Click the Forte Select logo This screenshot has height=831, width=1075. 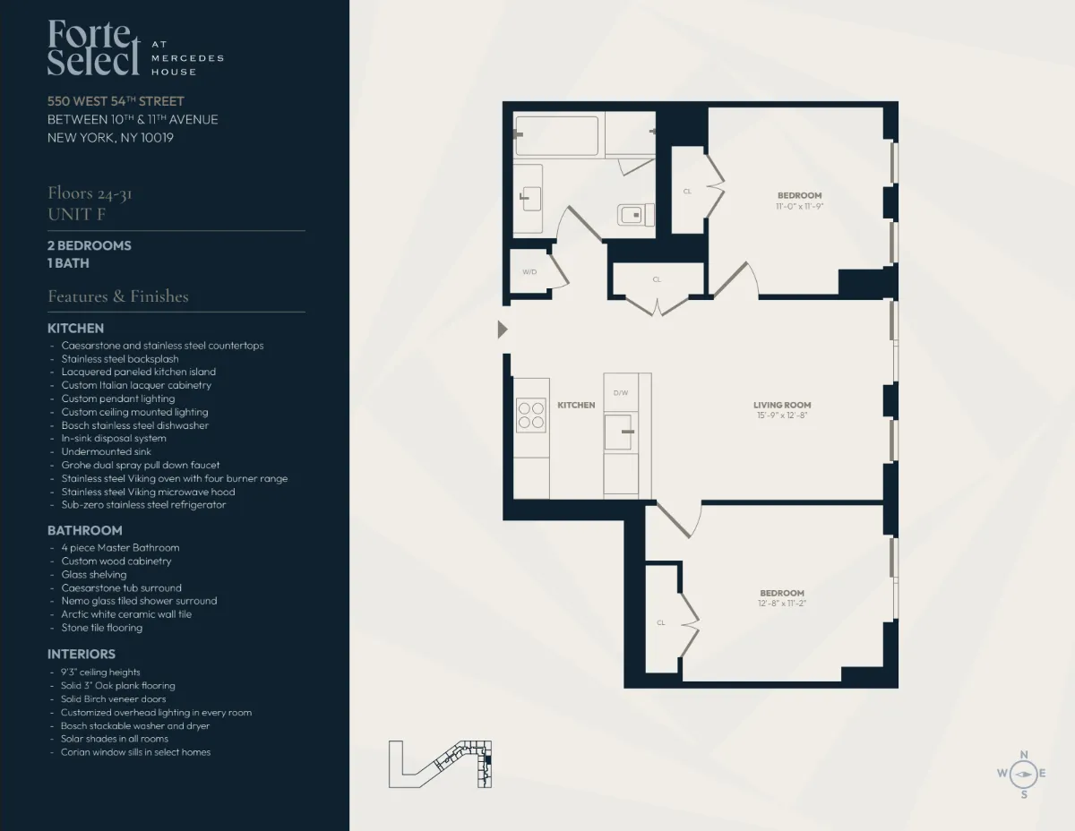click(x=94, y=47)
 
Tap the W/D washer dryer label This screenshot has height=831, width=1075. click(x=529, y=271)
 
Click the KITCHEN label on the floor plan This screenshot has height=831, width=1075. click(x=576, y=405)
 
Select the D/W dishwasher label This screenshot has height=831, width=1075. click(x=620, y=393)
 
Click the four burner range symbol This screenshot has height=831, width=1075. click(x=531, y=415)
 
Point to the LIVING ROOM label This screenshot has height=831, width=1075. click(x=781, y=405)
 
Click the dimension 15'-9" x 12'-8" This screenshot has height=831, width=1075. click(x=781, y=415)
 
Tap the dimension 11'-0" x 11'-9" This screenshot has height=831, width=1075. click(x=799, y=206)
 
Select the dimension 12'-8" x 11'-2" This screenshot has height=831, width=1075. click(x=782, y=604)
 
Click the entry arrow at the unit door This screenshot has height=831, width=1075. click(x=503, y=330)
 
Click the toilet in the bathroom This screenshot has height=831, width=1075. click(x=635, y=215)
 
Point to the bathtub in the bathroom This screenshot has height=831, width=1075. click(x=557, y=136)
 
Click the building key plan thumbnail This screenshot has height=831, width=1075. click(x=442, y=764)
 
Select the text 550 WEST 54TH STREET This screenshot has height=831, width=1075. click(x=116, y=101)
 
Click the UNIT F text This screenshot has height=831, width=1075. click(x=70, y=214)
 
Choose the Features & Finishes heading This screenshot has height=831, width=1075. click(x=117, y=296)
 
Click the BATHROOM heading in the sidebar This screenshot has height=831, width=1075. click(x=84, y=530)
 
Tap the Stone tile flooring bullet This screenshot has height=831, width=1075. click(x=101, y=628)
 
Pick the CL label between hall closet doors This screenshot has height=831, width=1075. click(x=657, y=279)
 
